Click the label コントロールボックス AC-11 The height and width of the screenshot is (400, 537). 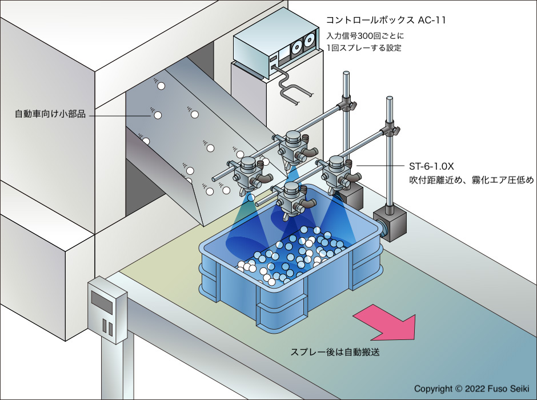(386, 21)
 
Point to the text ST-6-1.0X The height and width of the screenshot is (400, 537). (432, 167)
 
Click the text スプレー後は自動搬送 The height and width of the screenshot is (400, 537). (335, 352)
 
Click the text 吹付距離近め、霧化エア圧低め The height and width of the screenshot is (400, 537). (471, 181)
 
